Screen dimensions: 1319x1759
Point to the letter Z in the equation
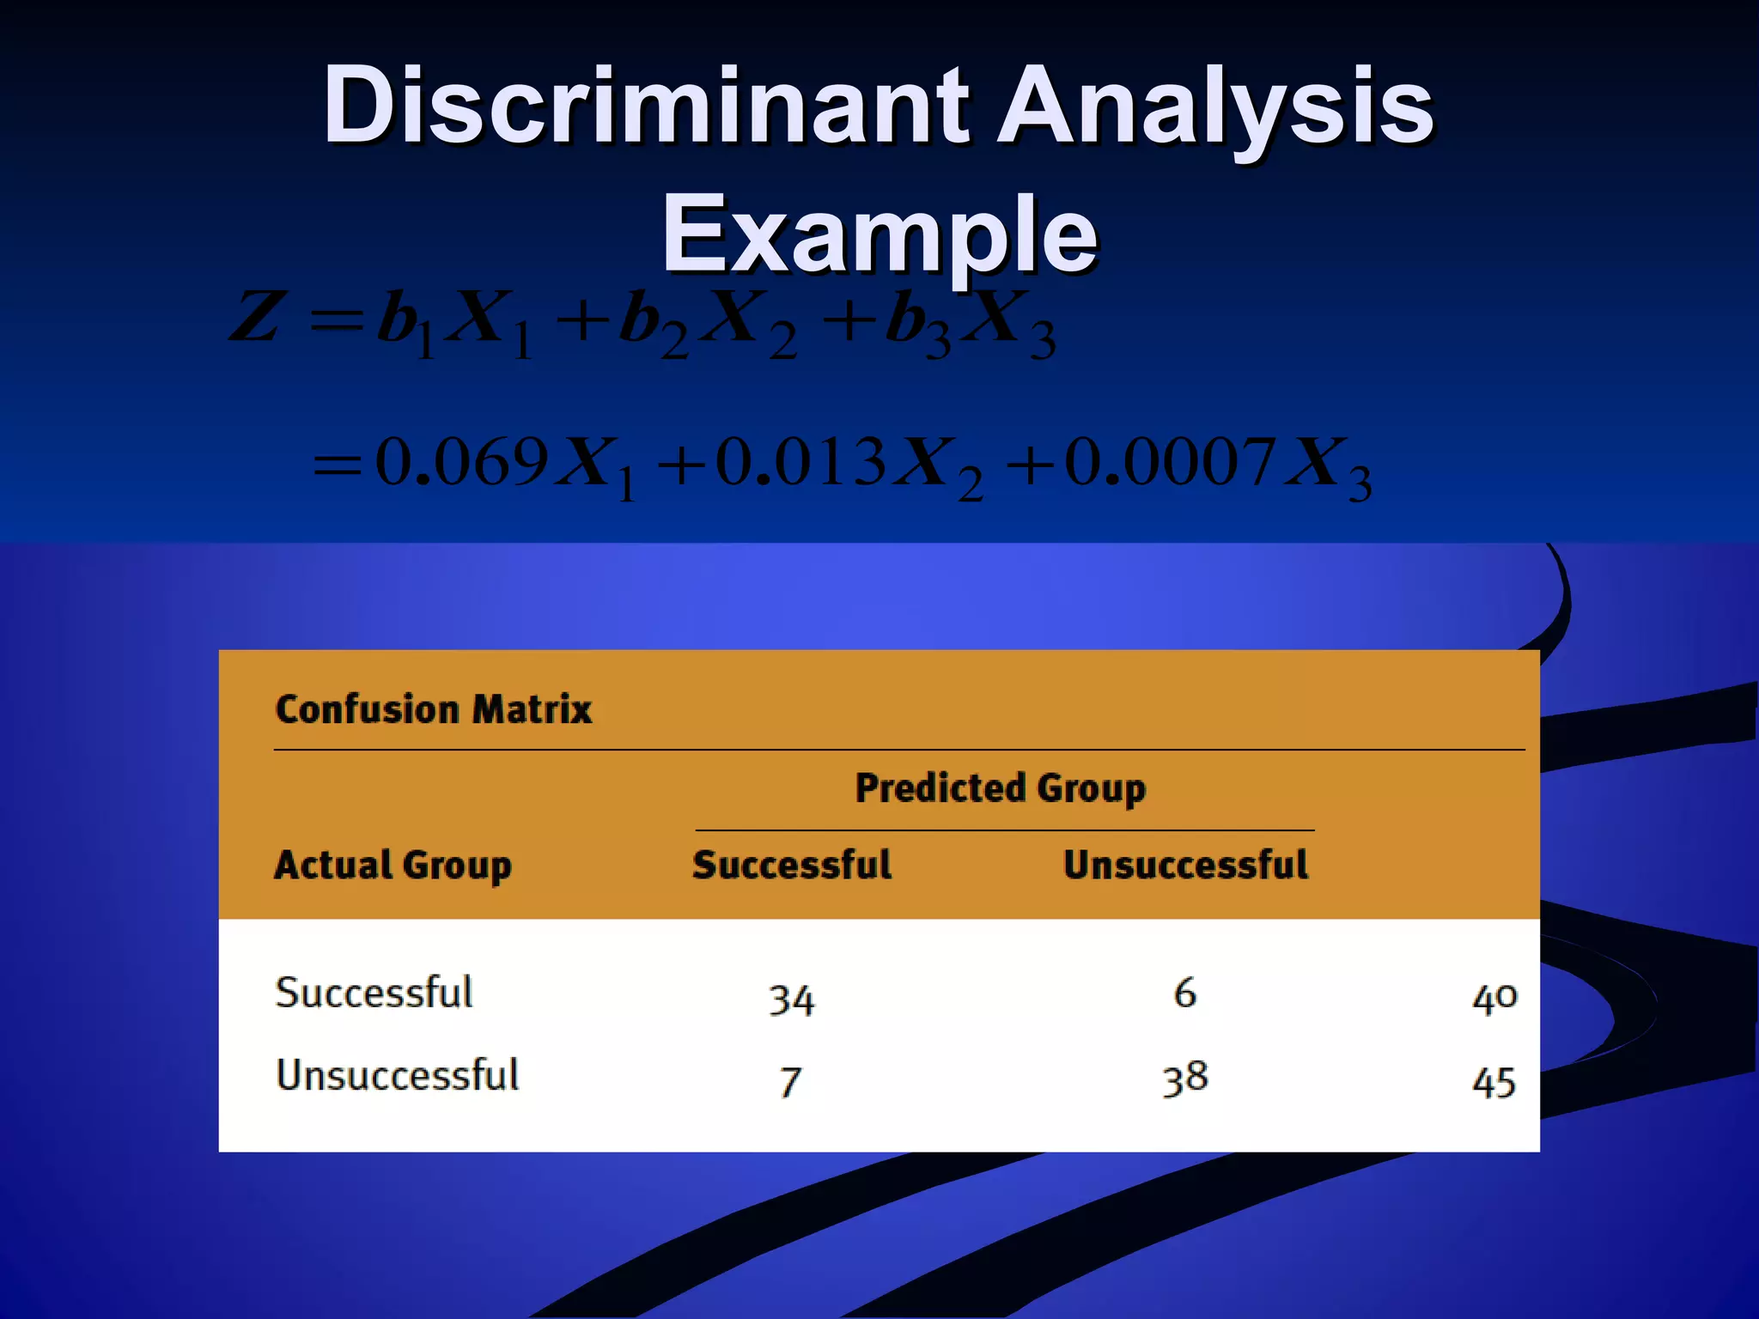(x=256, y=318)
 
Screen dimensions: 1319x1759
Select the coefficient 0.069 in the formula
(x=462, y=462)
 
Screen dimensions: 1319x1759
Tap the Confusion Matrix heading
(x=434, y=709)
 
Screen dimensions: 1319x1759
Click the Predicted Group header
(x=1001, y=788)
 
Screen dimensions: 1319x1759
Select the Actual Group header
(x=393, y=865)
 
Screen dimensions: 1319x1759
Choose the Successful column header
(x=792, y=865)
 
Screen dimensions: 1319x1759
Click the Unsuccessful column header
(x=1185, y=865)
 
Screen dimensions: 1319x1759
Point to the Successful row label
(x=374, y=993)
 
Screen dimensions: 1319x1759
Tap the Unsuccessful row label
(x=397, y=1075)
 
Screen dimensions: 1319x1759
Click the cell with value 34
(x=791, y=1000)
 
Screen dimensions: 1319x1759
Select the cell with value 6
(x=1185, y=994)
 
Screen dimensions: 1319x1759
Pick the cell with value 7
(x=791, y=1082)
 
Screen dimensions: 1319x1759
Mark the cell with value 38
(x=1185, y=1079)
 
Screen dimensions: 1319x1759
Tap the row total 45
(x=1494, y=1082)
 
